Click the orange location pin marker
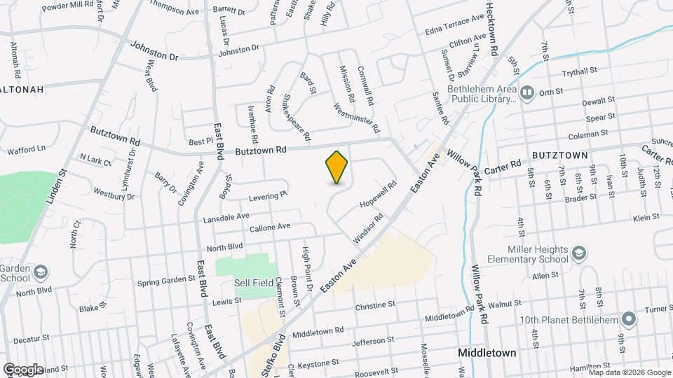[337, 167]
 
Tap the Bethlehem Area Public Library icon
[526, 92]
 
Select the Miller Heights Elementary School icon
[579, 252]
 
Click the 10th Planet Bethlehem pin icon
[629, 320]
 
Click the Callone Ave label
[270, 227]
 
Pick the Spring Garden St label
[166, 280]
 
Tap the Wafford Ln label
[26, 148]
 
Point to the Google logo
[22, 369]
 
